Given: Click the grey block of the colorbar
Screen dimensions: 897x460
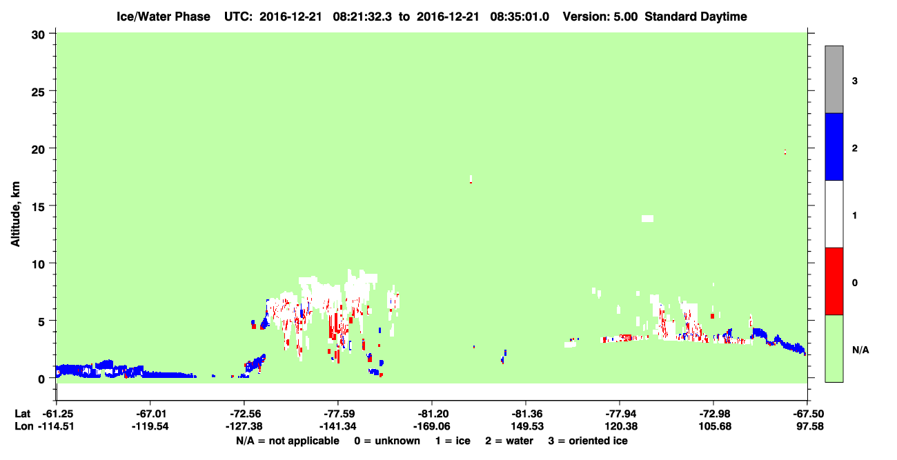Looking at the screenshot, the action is pos(834,79).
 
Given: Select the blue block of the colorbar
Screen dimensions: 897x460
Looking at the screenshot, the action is pos(834,146).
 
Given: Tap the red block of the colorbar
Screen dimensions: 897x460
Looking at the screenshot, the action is pos(834,281).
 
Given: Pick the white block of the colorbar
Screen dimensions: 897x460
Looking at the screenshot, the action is pos(834,214).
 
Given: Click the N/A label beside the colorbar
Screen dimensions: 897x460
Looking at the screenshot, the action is pos(860,350).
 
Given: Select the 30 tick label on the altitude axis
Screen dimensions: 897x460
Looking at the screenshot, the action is pos(38,35).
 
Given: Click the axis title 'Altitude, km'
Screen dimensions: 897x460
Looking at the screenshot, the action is pos(15,214).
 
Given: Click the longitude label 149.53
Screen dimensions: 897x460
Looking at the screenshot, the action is pos(527,426).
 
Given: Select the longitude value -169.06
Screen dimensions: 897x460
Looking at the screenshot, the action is pos(431,426).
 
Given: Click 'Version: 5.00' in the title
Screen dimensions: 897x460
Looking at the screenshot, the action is pos(600,17).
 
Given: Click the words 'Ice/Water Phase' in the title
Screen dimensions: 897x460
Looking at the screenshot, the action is pos(164,17).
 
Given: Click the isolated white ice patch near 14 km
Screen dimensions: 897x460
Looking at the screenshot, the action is pos(647,219).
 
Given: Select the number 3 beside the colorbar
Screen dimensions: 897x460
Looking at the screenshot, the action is pos(854,81).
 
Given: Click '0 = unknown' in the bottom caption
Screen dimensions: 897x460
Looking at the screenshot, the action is pos(387,441).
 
